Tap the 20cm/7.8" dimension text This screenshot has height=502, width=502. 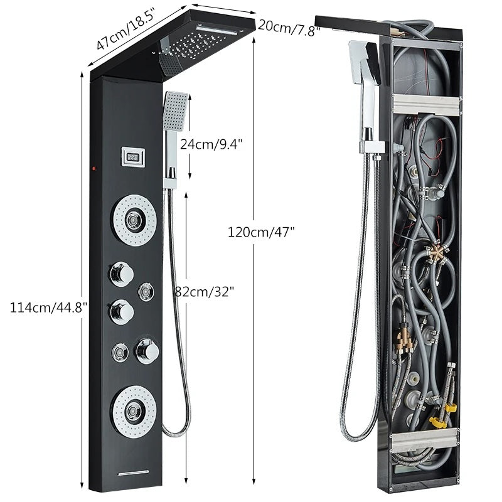(x=289, y=26)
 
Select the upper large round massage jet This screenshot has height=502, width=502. (x=134, y=219)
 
